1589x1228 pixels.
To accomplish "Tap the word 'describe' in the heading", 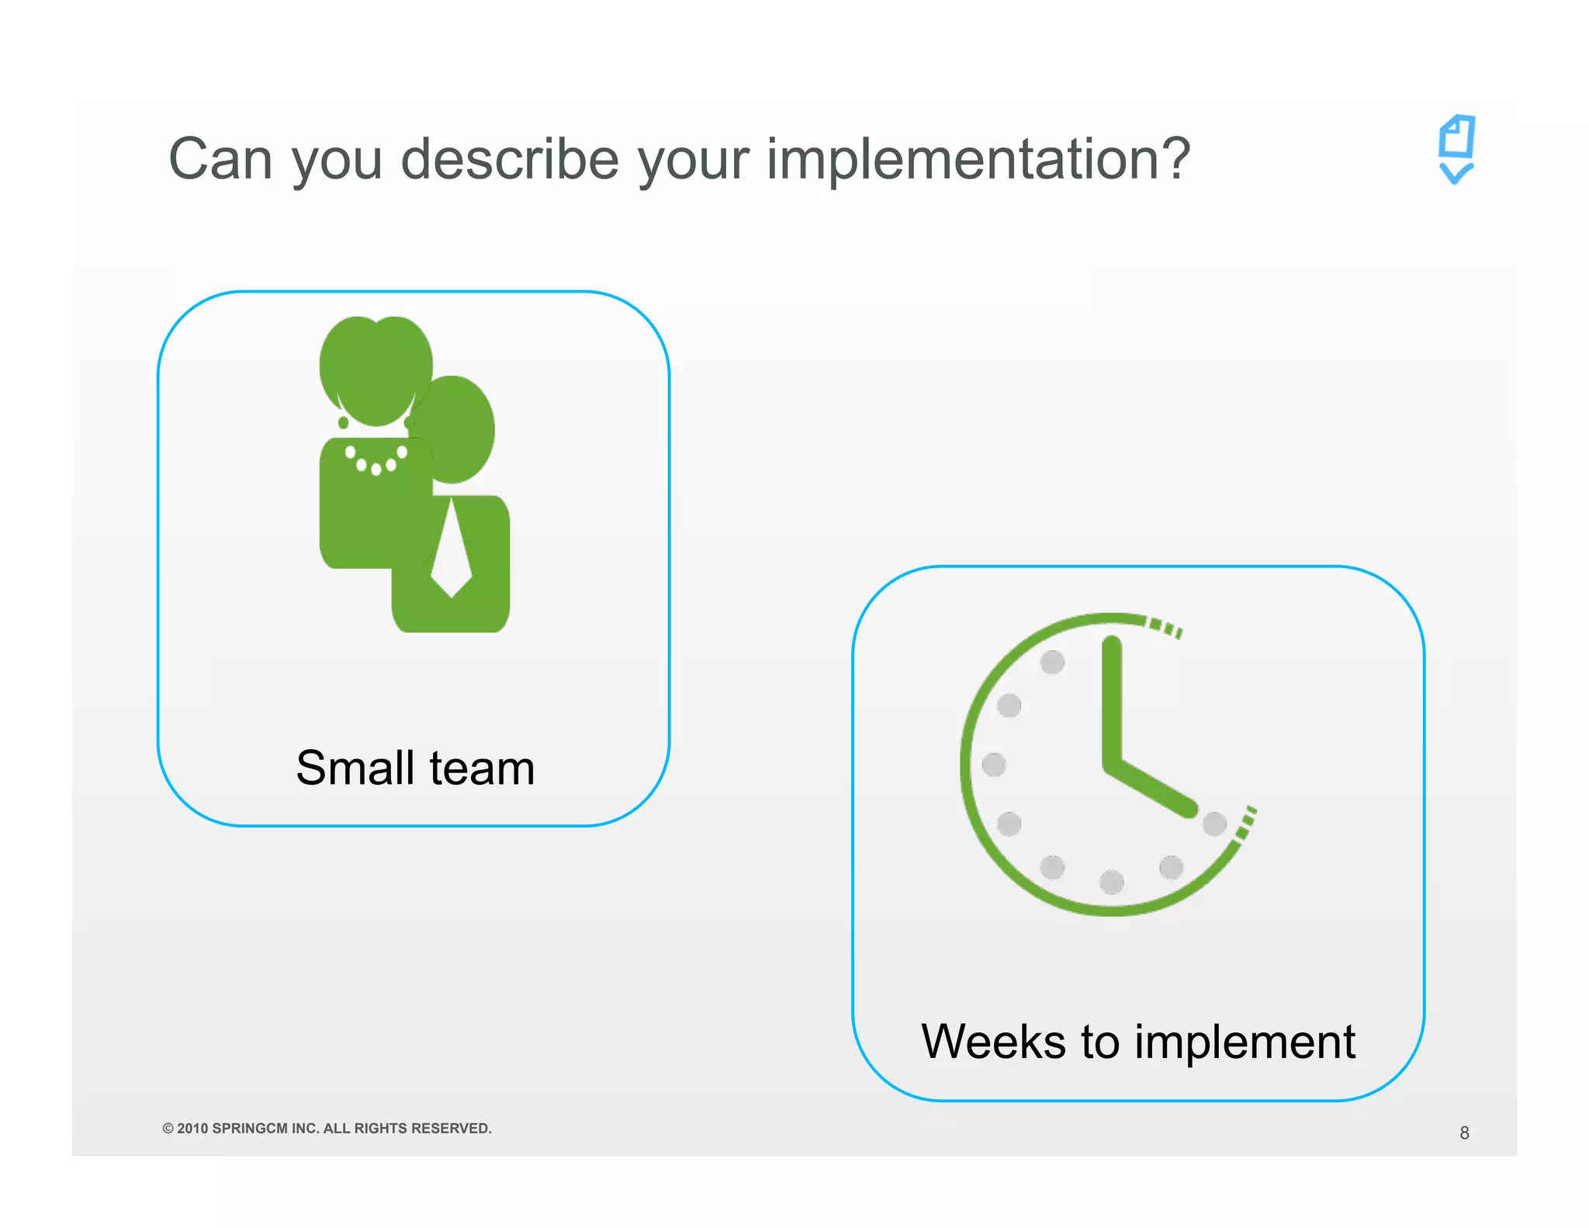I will click(509, 159).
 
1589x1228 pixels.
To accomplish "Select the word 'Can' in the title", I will click(220, 159).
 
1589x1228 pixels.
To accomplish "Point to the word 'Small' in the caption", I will click(355, 768).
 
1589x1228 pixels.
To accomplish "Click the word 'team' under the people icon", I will click(482, 768).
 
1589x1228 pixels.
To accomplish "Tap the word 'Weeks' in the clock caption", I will click(993, 1042).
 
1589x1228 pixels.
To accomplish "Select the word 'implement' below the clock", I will click(1245, 1043).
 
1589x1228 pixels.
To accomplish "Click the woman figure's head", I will click(376, 369).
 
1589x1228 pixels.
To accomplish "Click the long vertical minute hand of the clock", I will click(1112, 699).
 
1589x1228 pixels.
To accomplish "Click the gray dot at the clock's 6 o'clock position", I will click(1112, 882).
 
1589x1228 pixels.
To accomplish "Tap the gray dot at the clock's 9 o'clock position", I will click(994, 765).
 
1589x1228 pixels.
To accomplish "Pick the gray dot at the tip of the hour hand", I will click(1214, 824).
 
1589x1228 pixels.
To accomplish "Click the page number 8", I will click(1464, 1133).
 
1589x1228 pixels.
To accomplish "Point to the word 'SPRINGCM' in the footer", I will click(250, 1128).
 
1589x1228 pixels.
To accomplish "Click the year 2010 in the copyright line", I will click(192, 1128).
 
